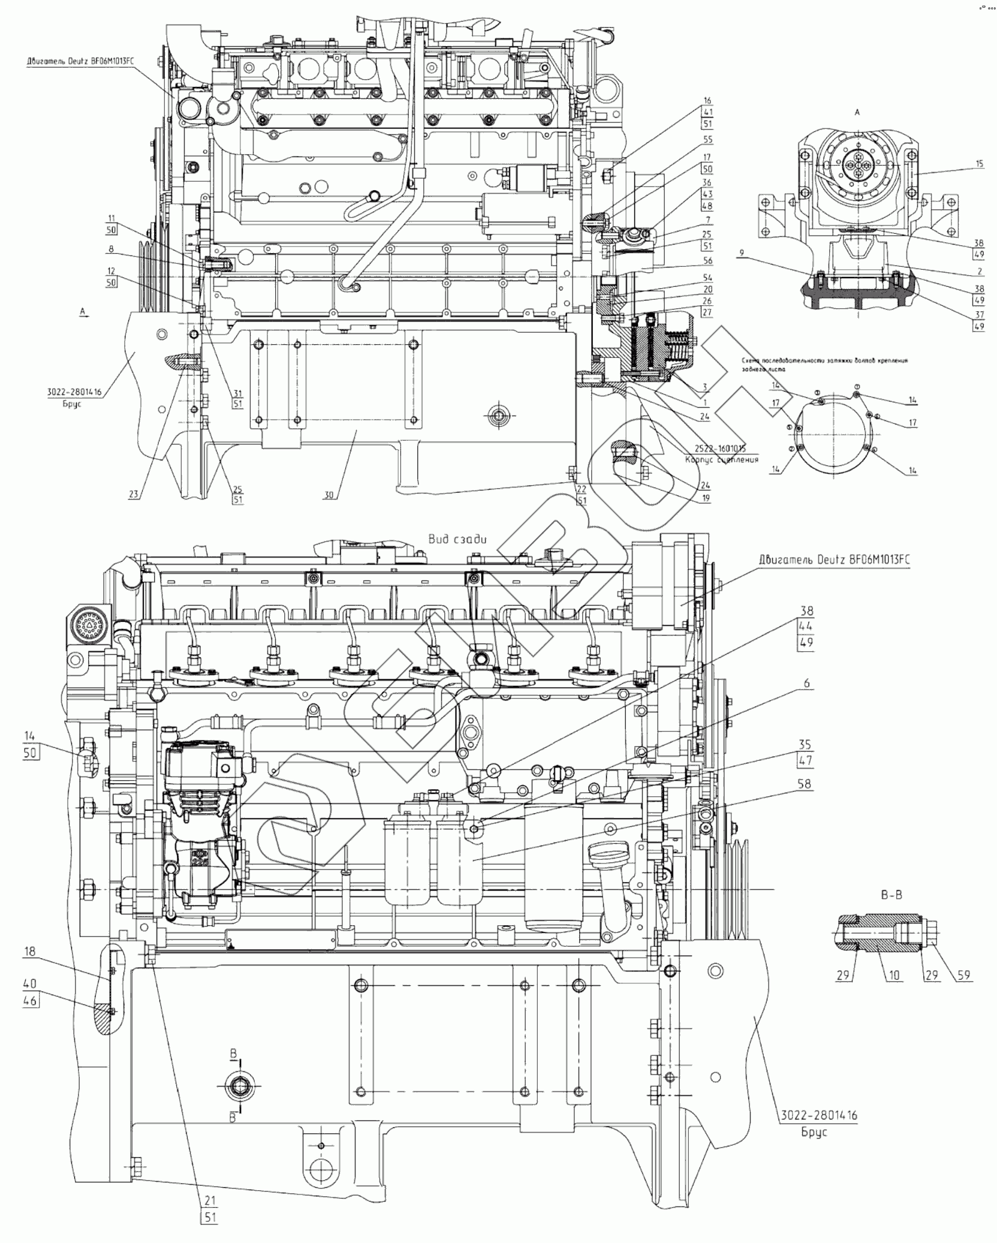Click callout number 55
click(x=707, y=139)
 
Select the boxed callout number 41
click(x=707, y=112)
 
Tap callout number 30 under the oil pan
click(x=328, y=495)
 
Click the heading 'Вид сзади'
click(x=457, y=538)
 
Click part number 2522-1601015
click(x=721, y=448)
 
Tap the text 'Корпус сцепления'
click(x=721, y=459)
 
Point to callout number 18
click(x=30, y=952)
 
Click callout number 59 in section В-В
click(x=963, y=976)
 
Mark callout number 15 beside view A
click(x=979, y=163)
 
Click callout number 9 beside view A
click(x=742, y=254)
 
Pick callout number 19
click(x=706, y=498)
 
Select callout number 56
click(x=707, y=261)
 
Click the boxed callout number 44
click(x=806, y=627)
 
